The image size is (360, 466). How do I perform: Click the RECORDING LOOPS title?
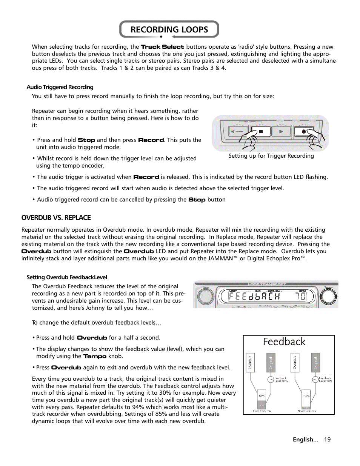[x=169, y=29]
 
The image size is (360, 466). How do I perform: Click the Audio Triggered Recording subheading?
[x=60, y=87]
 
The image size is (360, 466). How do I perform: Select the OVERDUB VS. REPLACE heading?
[x=56, y=218]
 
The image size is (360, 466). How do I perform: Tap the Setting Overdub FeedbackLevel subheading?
[x=67, y=277]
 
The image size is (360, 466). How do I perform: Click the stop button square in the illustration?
[x=261, y=132]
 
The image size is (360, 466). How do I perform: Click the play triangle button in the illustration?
[x=281, y=132]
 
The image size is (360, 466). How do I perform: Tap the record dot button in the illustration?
[x=303, y=132]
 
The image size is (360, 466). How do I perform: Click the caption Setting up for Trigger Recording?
[x=271, y=156]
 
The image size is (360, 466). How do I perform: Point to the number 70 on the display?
[x=300, y=297]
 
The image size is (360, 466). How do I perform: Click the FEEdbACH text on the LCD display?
[x=254, y=297]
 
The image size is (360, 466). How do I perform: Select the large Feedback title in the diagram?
[x=284, y=342]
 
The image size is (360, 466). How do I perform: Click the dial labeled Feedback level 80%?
[x=271, y=380]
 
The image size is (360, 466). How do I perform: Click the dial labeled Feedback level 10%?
[x=315, y=380]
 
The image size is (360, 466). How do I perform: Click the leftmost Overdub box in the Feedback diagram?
[x=250, y=362]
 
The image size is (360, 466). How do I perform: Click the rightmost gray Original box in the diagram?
[x=315, y=362]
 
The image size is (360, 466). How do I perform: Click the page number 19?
[x=327, y=440]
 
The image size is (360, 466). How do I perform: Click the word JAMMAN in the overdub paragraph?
[x=220, y=258]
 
